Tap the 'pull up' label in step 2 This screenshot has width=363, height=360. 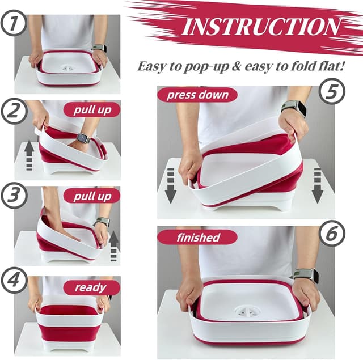pyautogui.click(x=91, y=109)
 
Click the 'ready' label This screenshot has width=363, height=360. pyautogui.click(x=91, y=287)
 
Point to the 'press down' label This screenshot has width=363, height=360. pyautogui.click(x=197, y=95)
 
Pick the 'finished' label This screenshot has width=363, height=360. pyautogui.click(x=198, y=236)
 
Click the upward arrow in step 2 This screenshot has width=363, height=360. pyautogui.click(x=28, y=155)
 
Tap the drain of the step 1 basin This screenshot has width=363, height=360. pyautogui.click(x=68, y=67)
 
